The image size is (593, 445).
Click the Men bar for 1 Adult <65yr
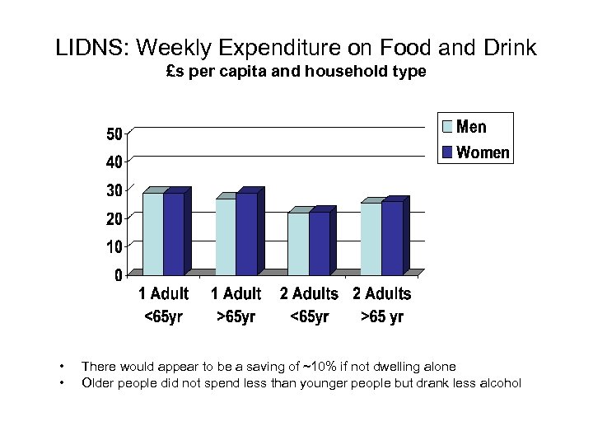153,233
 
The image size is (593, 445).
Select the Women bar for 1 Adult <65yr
174,233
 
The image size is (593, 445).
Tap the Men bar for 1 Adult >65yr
226,237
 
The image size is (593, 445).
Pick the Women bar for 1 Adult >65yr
246,233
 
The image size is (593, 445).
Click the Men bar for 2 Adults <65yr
298,243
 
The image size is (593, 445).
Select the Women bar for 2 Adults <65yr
319,243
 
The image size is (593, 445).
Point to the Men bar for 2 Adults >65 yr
371,238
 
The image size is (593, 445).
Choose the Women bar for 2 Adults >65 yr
392,238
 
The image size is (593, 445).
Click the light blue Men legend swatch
447,127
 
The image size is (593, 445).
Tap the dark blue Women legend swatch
447,152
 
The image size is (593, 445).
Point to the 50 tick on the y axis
114,133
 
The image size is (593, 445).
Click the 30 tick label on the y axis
114,190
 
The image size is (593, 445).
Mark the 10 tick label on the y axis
114,246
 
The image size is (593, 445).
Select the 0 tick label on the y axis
119,274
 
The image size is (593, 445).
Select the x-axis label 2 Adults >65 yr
382,305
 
